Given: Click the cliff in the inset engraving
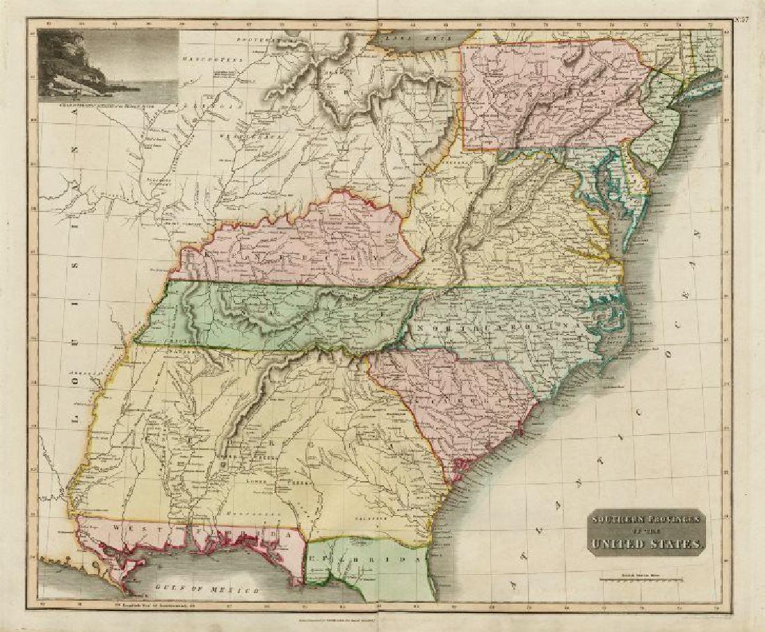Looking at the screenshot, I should coord(59,63).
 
